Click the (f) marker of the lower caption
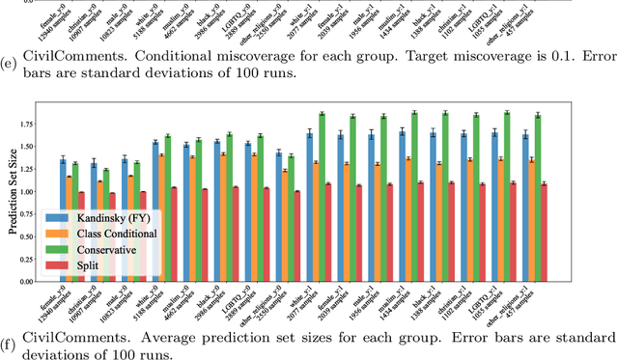(10, 337)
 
